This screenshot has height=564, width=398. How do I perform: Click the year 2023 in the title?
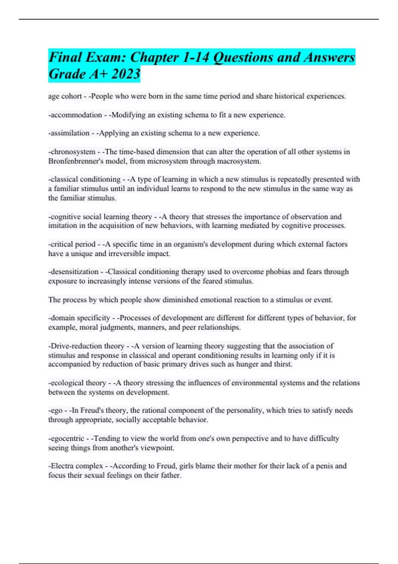(126, 74)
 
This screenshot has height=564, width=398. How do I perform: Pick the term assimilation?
(70, 133)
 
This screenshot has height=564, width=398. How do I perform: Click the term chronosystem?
(73, 152)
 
